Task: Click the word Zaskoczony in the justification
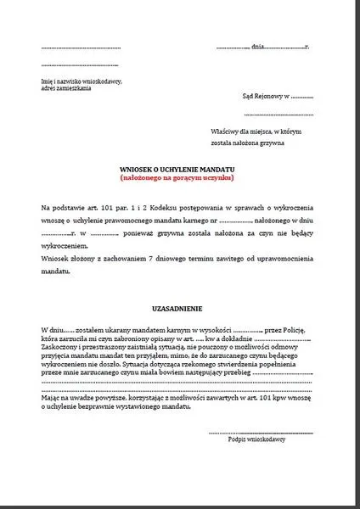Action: (59, 350)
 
